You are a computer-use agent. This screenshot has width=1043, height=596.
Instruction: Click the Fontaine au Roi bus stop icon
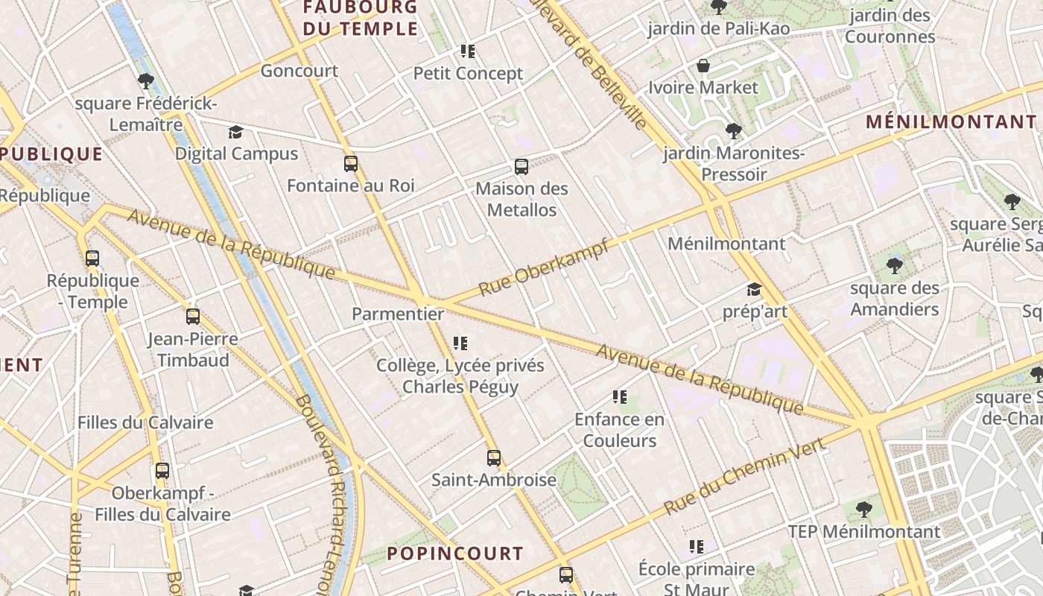(350, 164)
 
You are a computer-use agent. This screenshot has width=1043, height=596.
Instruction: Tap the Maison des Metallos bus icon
(521, 167)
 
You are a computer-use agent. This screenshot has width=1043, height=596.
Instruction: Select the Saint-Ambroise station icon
(493, 458)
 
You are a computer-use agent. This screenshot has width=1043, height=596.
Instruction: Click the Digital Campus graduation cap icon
(235, 133)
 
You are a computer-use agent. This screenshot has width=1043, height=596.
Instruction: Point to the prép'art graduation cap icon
(754, 289)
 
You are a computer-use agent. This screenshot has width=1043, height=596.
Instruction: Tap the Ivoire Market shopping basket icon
(703, 66)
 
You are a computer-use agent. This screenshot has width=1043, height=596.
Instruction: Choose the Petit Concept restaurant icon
(468, 51)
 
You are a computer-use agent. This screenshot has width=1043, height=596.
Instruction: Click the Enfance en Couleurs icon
(619, 397)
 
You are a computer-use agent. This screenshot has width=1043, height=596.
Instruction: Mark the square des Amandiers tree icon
(894, 265)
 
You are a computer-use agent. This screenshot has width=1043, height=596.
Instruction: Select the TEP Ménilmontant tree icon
(864, 510)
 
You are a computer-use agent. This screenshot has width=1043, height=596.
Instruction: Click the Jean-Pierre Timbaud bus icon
(192, 317)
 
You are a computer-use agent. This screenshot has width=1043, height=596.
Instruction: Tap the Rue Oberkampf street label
(543, 267)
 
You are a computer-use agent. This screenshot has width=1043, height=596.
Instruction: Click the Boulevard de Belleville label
(589, 63)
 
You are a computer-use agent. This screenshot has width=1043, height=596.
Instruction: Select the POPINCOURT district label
(454, 554)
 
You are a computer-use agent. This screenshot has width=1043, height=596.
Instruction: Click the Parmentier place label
(398, 314)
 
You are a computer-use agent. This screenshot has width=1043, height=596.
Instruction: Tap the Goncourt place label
(299, 71)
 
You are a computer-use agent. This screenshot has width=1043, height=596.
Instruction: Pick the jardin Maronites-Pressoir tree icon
(734, 131)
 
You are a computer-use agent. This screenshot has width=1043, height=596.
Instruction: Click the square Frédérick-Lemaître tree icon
(146, 81)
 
